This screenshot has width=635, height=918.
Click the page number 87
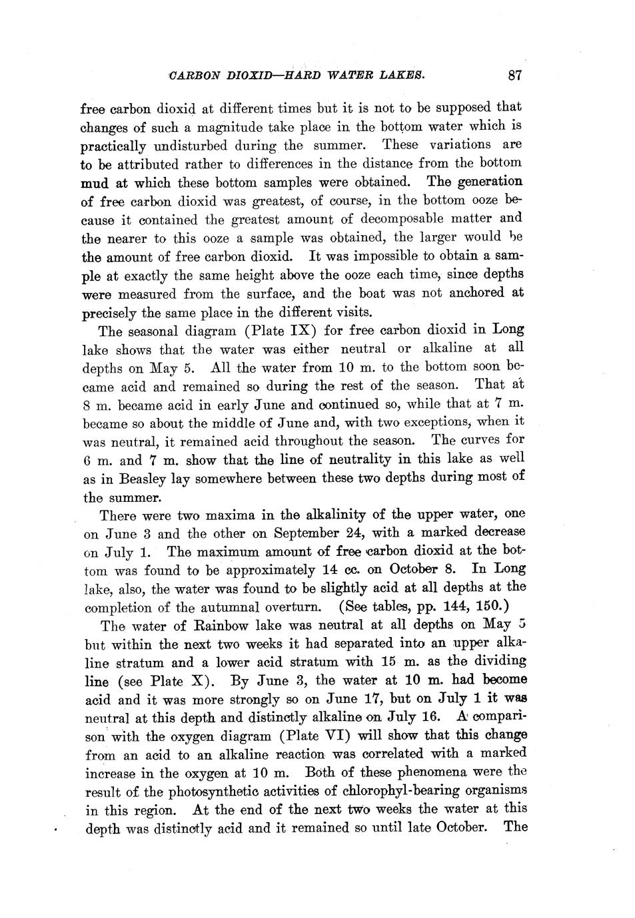tap(514, 75)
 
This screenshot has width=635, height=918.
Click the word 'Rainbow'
tap(203, 626)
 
